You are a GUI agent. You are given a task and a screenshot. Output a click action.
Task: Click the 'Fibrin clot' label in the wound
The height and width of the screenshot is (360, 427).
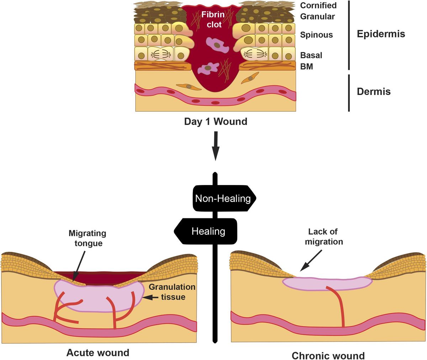click(213, 20)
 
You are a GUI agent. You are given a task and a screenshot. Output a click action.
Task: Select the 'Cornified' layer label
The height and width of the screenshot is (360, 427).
click(318, 5)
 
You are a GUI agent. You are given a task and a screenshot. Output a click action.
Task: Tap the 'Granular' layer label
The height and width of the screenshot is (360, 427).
click(317, 16)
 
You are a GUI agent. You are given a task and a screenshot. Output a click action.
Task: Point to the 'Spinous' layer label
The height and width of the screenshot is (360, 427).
click(316, 35)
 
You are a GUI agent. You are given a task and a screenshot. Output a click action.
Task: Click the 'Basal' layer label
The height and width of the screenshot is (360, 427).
click(311, 55)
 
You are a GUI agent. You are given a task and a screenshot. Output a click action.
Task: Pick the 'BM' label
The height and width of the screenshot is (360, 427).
click(306, 66)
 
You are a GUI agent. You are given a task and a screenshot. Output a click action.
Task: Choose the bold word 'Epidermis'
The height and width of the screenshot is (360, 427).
click(381, 34)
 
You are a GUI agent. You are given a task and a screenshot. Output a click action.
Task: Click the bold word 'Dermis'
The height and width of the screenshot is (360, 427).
click(373, 91)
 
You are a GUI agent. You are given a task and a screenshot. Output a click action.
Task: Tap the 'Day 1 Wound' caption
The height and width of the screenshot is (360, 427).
click(215, 122)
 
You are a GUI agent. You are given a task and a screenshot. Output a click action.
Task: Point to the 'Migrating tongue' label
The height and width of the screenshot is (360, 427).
click(87, 238)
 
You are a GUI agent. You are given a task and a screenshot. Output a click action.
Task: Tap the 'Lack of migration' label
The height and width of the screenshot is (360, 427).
click(323, 237)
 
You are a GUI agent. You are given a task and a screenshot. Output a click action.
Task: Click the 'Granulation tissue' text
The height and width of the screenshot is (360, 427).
click(172, 292)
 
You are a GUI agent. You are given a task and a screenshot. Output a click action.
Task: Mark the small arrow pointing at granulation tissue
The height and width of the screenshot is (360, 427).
click(152, 297)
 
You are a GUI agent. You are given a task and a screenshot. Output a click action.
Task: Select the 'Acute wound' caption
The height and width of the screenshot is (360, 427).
click(97, 353)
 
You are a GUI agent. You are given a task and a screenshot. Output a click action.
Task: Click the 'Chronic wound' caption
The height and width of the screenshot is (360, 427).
click(328, 355)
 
